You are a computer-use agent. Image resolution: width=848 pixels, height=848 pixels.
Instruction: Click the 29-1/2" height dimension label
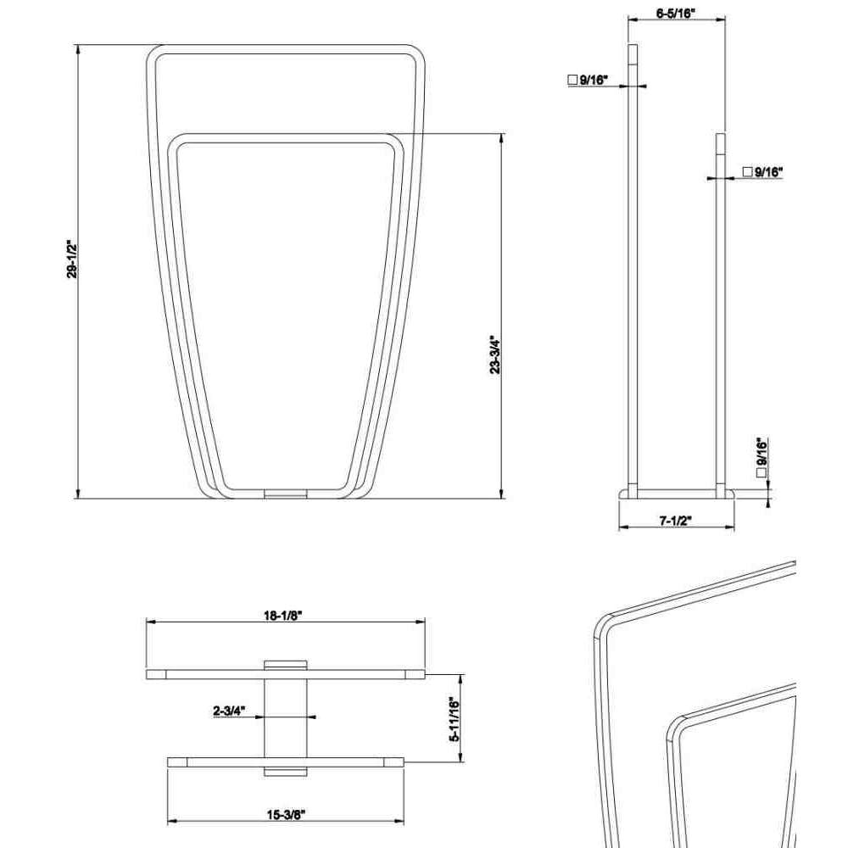click(x=72, y=259)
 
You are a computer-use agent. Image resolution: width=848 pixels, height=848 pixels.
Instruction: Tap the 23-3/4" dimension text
click(x=495, y=354)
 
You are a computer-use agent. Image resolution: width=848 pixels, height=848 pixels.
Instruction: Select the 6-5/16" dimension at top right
click(x=676, y=14)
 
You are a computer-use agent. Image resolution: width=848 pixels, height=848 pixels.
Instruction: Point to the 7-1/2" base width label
click(x=676, y=521)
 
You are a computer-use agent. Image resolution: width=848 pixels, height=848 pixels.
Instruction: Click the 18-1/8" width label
click(x=282, y=616)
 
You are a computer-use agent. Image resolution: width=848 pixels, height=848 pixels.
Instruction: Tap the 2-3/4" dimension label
click(x=229, y=711)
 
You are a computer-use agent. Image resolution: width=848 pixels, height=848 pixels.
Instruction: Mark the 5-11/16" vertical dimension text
click(x=455, y=719)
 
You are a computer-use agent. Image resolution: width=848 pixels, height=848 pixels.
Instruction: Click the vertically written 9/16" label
click(x=762, y=452)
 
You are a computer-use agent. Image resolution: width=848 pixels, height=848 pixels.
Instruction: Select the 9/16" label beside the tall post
click(x=594, y=80)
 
